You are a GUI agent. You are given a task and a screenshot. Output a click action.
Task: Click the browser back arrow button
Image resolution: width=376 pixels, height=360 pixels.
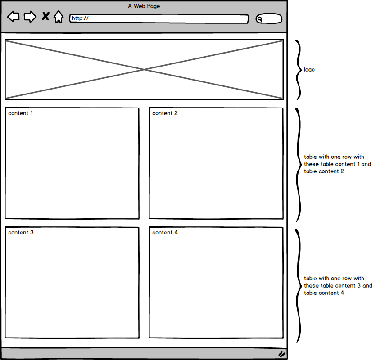[14, 17]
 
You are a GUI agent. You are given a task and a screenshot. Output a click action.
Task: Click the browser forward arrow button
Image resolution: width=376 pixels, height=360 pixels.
[30, 17]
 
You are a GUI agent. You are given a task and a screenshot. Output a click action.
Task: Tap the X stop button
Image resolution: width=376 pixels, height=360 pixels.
[45, 16]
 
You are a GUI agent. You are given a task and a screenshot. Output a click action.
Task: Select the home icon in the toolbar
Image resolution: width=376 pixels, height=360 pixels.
[59, 17]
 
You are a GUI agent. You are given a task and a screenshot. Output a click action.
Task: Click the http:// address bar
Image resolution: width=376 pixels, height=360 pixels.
[159, 18]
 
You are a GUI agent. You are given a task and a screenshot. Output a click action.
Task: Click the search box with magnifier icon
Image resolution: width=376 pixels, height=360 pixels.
[269, 19]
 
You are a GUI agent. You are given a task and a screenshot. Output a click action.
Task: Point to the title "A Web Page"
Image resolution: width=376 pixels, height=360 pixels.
[144, 6]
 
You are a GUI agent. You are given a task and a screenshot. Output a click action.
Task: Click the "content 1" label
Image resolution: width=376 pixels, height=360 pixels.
[20, 113]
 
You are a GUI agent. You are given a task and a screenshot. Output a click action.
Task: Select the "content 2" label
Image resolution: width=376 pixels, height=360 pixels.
[165, 113]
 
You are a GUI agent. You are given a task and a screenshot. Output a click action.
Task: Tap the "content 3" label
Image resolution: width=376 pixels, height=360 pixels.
[21, 232]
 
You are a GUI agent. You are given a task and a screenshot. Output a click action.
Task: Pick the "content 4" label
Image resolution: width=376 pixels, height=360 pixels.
[165, 232]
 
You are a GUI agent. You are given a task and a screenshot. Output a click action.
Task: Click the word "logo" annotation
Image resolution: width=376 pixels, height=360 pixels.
[309, 69]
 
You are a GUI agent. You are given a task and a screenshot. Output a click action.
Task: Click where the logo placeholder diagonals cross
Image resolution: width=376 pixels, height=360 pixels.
[144, 69]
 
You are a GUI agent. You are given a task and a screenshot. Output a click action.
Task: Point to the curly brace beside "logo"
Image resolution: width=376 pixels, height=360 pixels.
[298, 70]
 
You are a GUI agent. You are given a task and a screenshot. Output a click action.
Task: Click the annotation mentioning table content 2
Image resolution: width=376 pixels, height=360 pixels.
[337, 164]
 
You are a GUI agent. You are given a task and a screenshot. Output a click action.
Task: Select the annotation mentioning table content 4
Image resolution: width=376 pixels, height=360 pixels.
[338, 285]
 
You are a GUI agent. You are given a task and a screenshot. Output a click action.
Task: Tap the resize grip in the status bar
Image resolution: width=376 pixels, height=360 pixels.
[282, 354]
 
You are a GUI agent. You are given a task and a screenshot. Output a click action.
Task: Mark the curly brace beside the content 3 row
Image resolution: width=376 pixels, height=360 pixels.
[298, 286]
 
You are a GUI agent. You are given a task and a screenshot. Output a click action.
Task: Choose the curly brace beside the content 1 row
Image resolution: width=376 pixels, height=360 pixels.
[298, 165]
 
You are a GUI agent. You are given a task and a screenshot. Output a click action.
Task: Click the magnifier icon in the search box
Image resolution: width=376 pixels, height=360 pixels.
[260, 19]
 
